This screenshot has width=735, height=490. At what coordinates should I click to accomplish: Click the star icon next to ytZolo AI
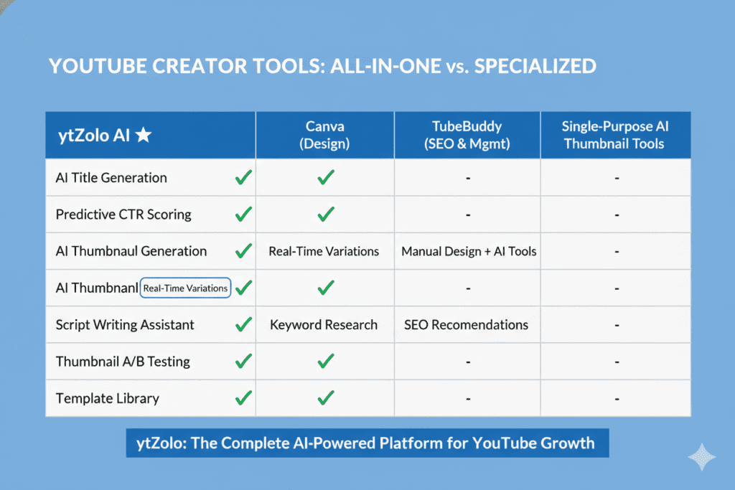click(143, 135)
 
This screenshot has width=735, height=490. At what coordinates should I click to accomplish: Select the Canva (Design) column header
click(325, 134)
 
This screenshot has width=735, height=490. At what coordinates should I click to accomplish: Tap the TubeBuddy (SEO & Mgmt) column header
click(467, 134)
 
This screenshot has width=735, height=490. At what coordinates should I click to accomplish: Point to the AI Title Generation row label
click(111, 178)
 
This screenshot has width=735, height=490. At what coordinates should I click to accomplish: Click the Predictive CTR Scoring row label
click(123, 215)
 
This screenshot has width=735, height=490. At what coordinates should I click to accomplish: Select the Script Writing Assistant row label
click(125, 325)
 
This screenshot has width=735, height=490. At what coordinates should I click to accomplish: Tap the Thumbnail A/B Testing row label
click(123, 362)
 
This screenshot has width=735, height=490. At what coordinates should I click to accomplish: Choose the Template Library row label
click(108, 398)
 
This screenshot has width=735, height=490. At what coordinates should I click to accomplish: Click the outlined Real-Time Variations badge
click(186, 288)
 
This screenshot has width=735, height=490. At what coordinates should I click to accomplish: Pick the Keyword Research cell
click(324, 325)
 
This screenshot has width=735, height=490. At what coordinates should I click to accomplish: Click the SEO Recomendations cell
click(466, 325)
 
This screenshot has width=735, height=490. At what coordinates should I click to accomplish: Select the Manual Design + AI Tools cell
click(469, 252)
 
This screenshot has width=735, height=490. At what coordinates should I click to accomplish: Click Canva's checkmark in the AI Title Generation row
click(326, 178)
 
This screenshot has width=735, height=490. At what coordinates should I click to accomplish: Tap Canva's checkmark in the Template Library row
click(326, 398)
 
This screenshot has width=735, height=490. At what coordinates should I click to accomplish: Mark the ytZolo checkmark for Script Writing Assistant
click(244, 325)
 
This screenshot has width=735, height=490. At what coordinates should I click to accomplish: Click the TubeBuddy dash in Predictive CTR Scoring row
click(468, 215)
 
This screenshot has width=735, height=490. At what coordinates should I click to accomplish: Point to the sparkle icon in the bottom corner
click(701, 456)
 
